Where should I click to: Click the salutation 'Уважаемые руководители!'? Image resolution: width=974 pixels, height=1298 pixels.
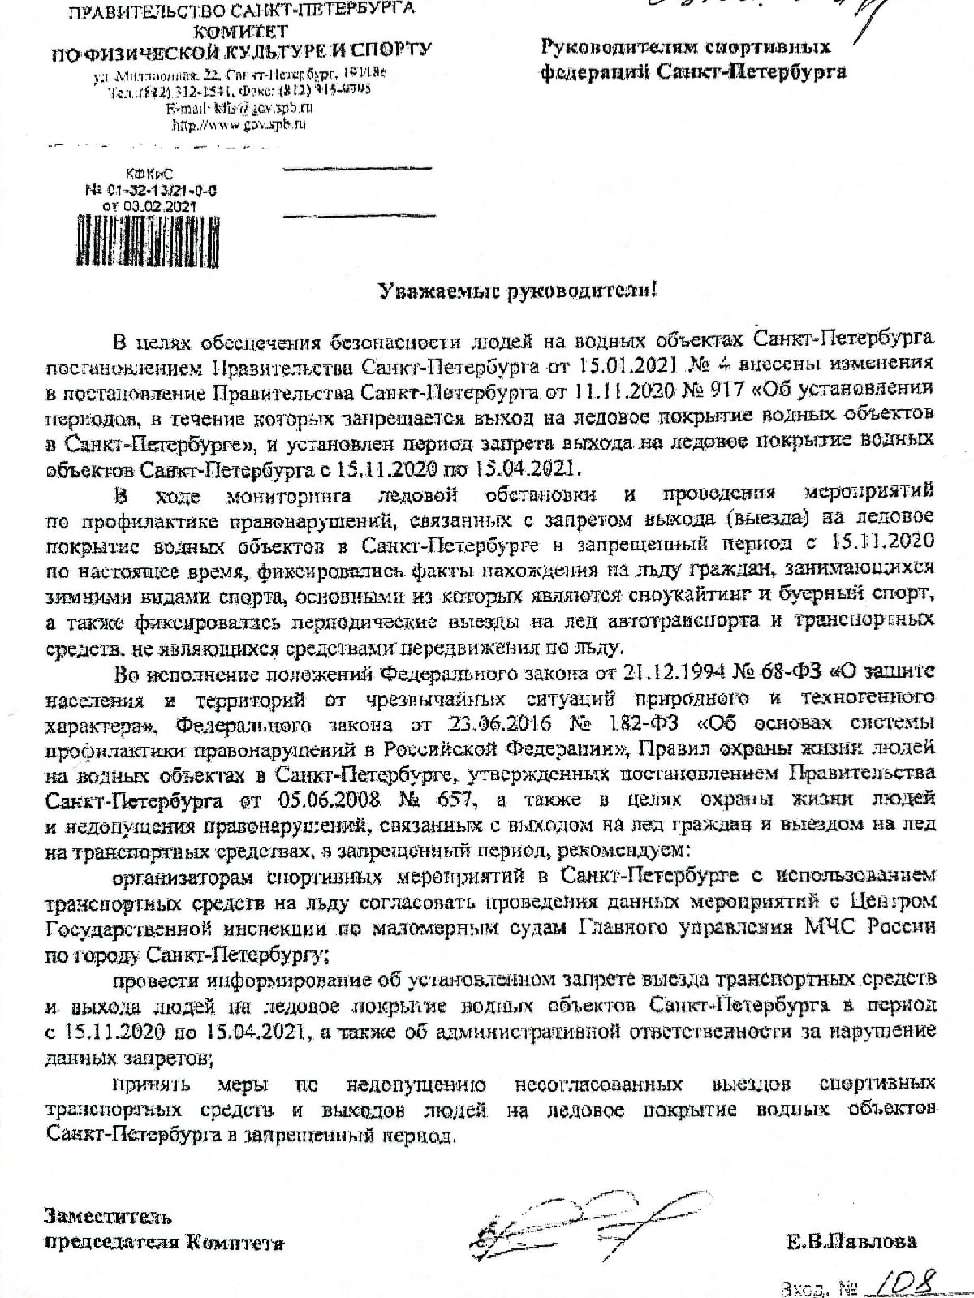520,290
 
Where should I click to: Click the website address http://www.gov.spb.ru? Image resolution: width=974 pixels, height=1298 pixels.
239,125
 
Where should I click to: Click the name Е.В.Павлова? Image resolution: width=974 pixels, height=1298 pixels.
851,1241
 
